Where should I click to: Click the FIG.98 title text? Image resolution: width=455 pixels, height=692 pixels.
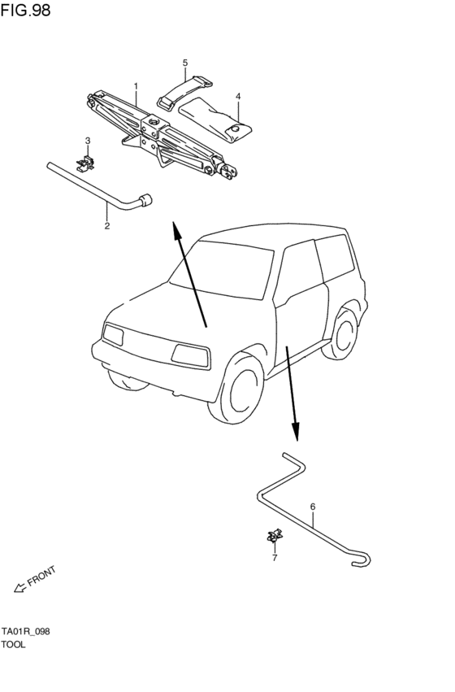(25, 10)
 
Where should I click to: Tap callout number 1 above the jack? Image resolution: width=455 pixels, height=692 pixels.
(136, 85)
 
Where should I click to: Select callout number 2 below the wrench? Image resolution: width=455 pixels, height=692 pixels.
(107, 226)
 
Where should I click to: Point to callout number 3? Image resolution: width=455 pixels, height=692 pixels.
(88, 141)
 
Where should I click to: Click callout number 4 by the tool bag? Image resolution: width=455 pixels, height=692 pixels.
(238, 96)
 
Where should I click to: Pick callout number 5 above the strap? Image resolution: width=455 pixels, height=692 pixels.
(185, 63)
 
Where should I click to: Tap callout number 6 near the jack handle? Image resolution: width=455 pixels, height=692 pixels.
(313, 507)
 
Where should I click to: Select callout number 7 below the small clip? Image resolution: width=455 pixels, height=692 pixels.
(275, 559)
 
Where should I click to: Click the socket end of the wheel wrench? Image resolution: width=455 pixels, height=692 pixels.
(145, 200)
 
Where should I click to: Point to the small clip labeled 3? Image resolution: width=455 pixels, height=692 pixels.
(86, 163)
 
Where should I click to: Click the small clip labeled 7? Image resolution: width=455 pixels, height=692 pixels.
(275, 535)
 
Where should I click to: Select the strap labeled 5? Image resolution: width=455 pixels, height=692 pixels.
(184, 92)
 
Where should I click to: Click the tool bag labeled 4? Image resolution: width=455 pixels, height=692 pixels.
(215, 120)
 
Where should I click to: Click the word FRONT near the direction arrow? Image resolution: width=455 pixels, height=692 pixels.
(42, 576)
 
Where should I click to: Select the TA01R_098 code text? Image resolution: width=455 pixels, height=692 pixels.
(25, 632)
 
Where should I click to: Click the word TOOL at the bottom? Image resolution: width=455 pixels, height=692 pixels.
(13, 644)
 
